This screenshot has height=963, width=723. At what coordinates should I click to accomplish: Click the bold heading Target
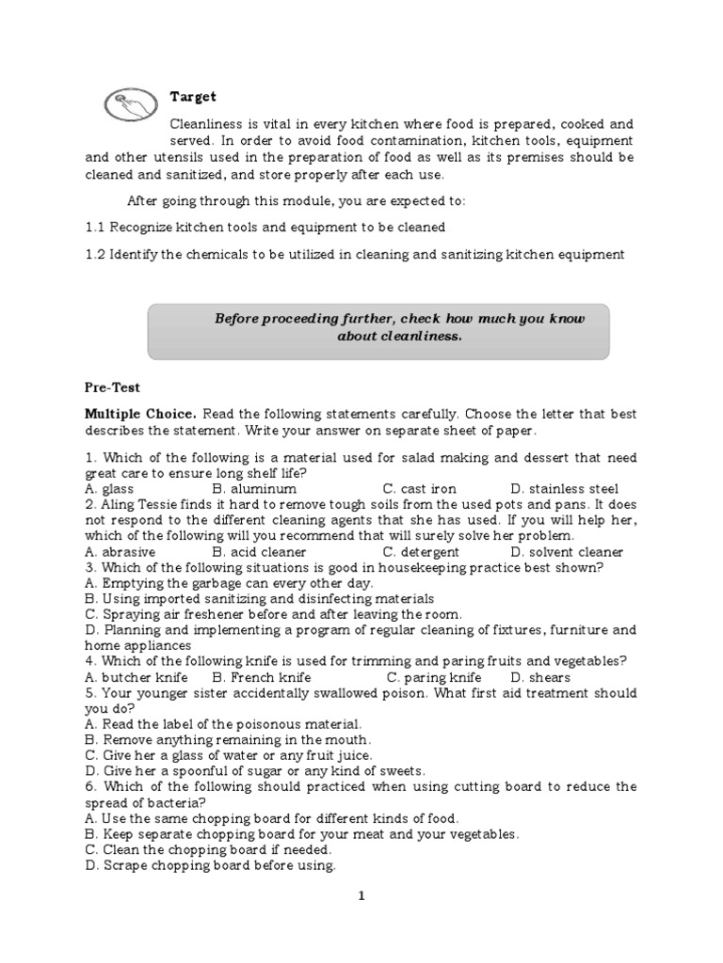(x=193, y=97)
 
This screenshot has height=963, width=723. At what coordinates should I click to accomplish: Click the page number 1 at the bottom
(x=360, y=896)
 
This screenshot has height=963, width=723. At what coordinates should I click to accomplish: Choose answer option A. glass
(x=109, y=489)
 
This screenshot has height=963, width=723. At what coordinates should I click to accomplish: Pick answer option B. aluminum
(x=254, y=489)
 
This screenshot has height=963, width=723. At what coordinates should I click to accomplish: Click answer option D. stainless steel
(x=564, y=489)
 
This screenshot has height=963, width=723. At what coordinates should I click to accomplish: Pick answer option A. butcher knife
(x=136, y=677)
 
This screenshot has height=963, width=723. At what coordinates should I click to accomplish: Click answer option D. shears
(x=540, y=677)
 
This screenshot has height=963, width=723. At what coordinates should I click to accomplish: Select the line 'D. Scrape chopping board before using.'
(x=210, y=865)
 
